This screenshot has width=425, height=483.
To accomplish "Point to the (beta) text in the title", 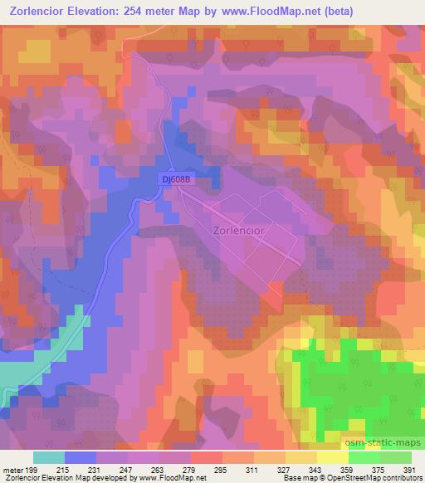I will coord(351,12).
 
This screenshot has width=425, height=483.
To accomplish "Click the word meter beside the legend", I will coord(12,470).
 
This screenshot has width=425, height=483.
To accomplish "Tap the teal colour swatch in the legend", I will coord(49,457).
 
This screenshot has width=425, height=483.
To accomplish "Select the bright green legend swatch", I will coord(364,457).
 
